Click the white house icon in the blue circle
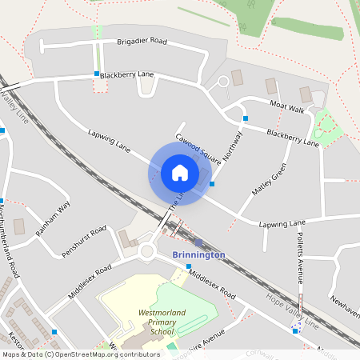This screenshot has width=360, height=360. (x=179, y=173)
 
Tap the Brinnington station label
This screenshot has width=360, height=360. (x=198, y=254)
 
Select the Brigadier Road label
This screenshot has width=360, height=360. (x=142, y=41)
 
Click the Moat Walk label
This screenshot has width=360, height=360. (x=287, y=106)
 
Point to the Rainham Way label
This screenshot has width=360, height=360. (x=54, y=218)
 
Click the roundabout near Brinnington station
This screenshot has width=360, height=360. (x=147, y=252)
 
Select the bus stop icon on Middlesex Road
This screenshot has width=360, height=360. (x=189, y=266)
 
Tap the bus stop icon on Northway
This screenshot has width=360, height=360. (x=245, y=118)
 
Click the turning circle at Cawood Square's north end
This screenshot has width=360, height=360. (x=224, y=82)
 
